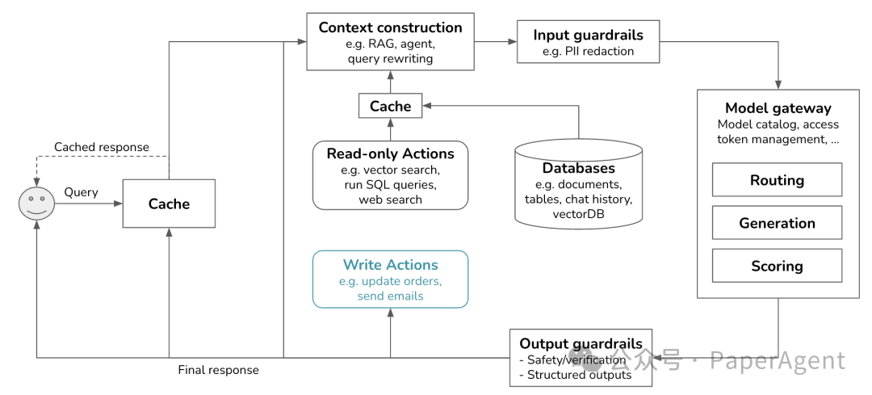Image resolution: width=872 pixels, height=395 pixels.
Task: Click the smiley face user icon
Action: pos(36,204)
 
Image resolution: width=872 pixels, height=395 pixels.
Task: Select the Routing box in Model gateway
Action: pos(777,179)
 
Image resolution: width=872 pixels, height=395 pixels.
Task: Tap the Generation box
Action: pos(777,222)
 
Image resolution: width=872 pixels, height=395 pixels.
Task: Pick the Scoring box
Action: pos(777,266)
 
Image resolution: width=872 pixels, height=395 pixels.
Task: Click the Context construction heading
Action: pos(391,27)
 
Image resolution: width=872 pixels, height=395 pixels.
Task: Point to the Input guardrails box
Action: pos(589,42)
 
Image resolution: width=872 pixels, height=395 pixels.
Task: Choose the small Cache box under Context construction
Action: pos(391,106)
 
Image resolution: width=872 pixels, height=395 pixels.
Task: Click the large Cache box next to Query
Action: pos(169,204)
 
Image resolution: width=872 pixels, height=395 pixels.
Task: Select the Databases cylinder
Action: pos(578,183)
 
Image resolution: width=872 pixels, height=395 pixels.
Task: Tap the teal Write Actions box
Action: pos(391,279)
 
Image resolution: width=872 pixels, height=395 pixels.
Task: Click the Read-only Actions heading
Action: pos(391,153)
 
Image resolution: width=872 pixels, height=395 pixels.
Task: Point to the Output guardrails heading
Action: pos(581,343)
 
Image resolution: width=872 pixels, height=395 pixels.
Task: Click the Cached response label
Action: pos(102,147)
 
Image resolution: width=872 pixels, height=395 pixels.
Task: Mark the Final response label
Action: pos(219,370)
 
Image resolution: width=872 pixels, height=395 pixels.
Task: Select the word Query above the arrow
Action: pos(82,192)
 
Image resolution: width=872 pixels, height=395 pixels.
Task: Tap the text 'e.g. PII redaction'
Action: pos(589,51)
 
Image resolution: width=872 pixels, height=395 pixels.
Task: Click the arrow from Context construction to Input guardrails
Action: pos(496,41)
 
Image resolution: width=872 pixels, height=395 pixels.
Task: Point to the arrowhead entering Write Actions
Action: pos(391,313)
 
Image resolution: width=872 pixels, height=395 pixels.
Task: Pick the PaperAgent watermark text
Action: pos(778,360)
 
